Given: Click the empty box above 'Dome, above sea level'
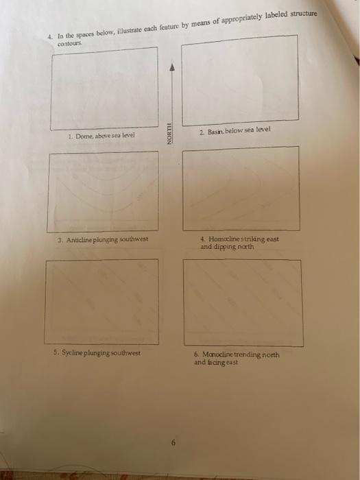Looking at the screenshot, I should (104, 88).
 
